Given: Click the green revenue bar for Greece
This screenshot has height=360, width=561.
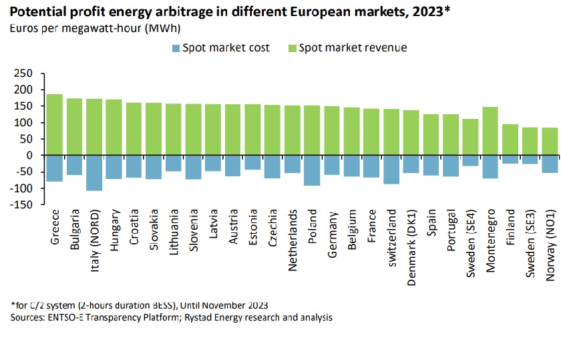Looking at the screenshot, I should point(53,124).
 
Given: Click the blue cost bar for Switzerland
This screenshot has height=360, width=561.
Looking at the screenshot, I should point(391,170).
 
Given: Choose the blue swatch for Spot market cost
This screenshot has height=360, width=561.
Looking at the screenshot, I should point(176,48).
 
